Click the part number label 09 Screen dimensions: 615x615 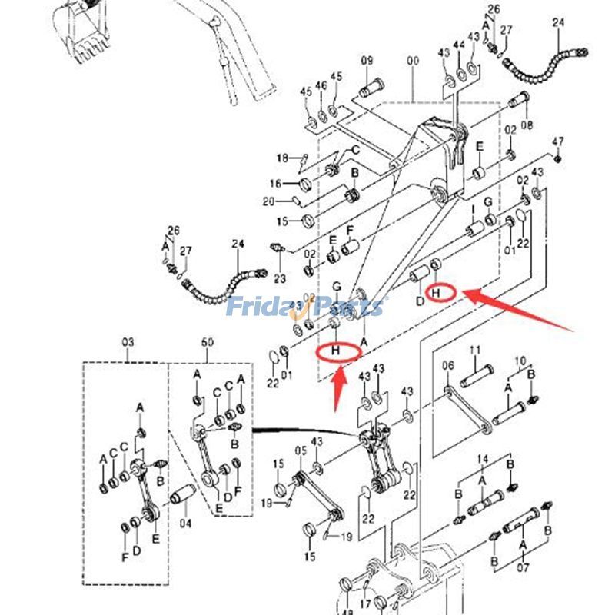click(367, 61)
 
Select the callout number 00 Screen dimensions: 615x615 click(414, 61)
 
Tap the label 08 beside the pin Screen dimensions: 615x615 click(527, 124)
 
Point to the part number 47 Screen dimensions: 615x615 click(558, 141)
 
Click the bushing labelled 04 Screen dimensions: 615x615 click(185, 524)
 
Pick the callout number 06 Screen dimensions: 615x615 click(449, 368)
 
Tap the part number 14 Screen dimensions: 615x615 click(483, 458)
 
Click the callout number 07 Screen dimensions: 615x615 click(524, 569)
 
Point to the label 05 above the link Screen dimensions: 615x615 click(301, 450)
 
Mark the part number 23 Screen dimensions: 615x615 click(279, 278)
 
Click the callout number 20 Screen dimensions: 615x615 click(268, 201)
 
